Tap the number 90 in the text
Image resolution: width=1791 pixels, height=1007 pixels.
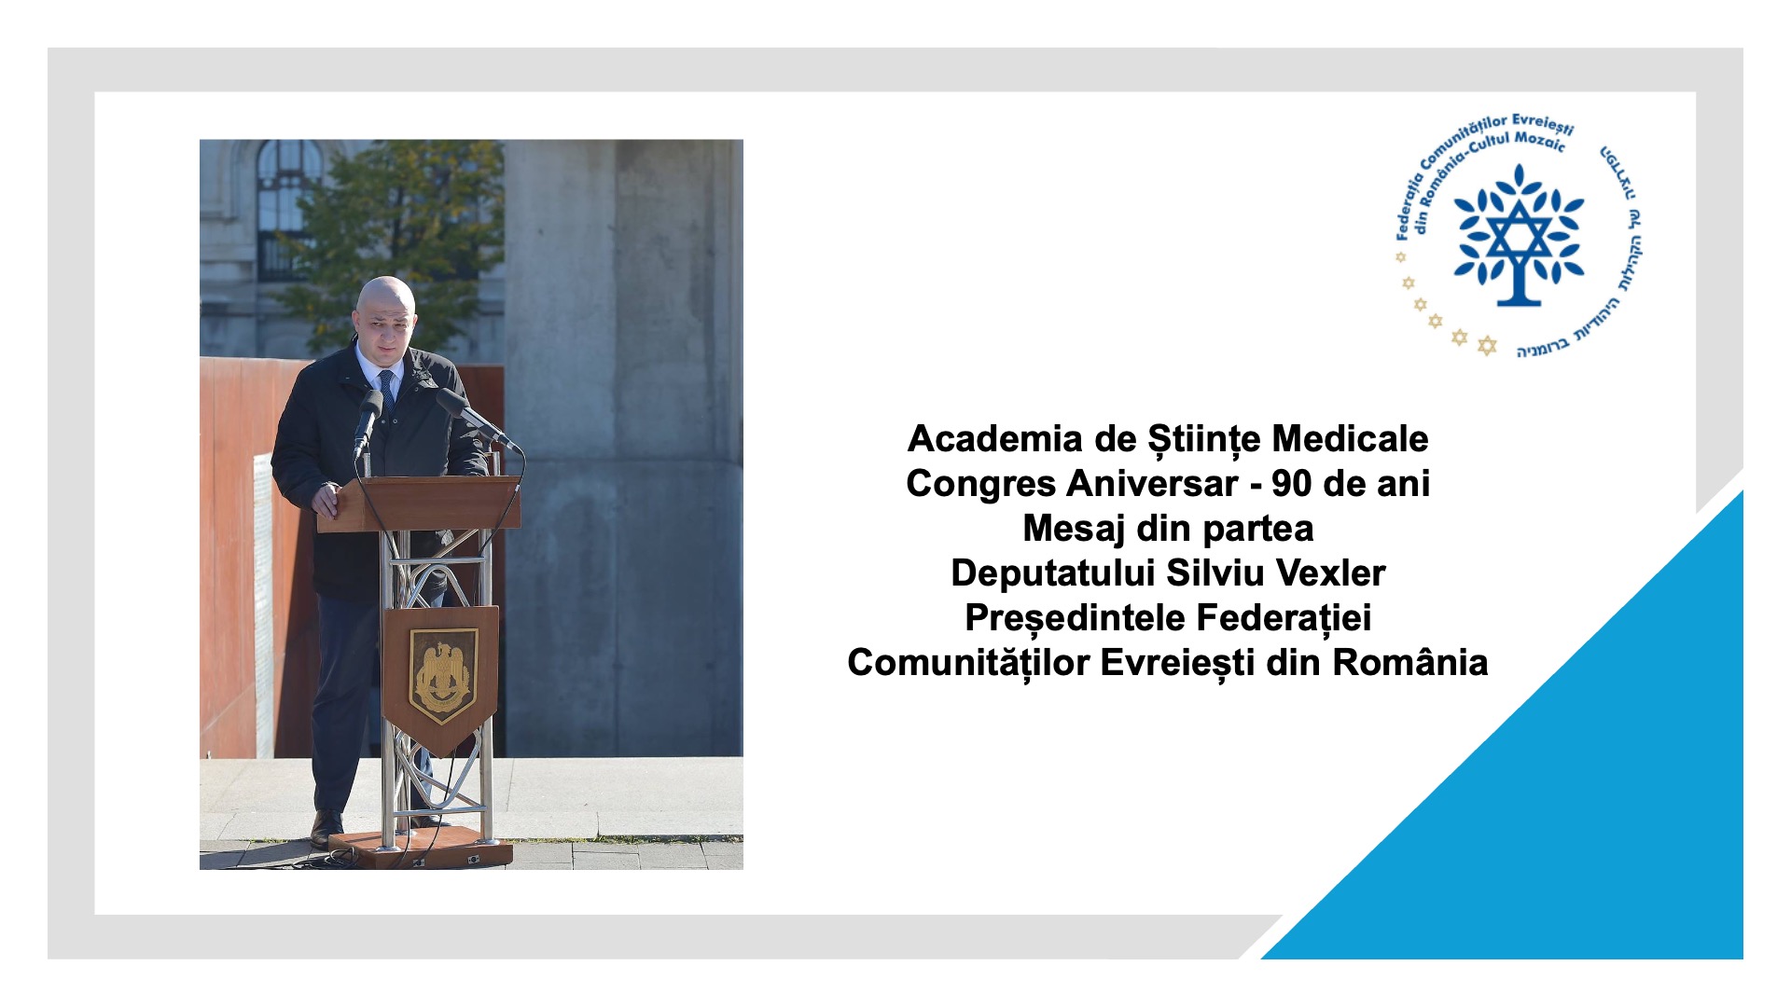[x=1291, y=483]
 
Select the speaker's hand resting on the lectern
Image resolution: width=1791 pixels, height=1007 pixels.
[x=326, y=500]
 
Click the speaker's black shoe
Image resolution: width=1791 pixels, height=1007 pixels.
[x=326, y=828]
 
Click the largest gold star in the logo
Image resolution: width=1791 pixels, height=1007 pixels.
[x=1487, y=346]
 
